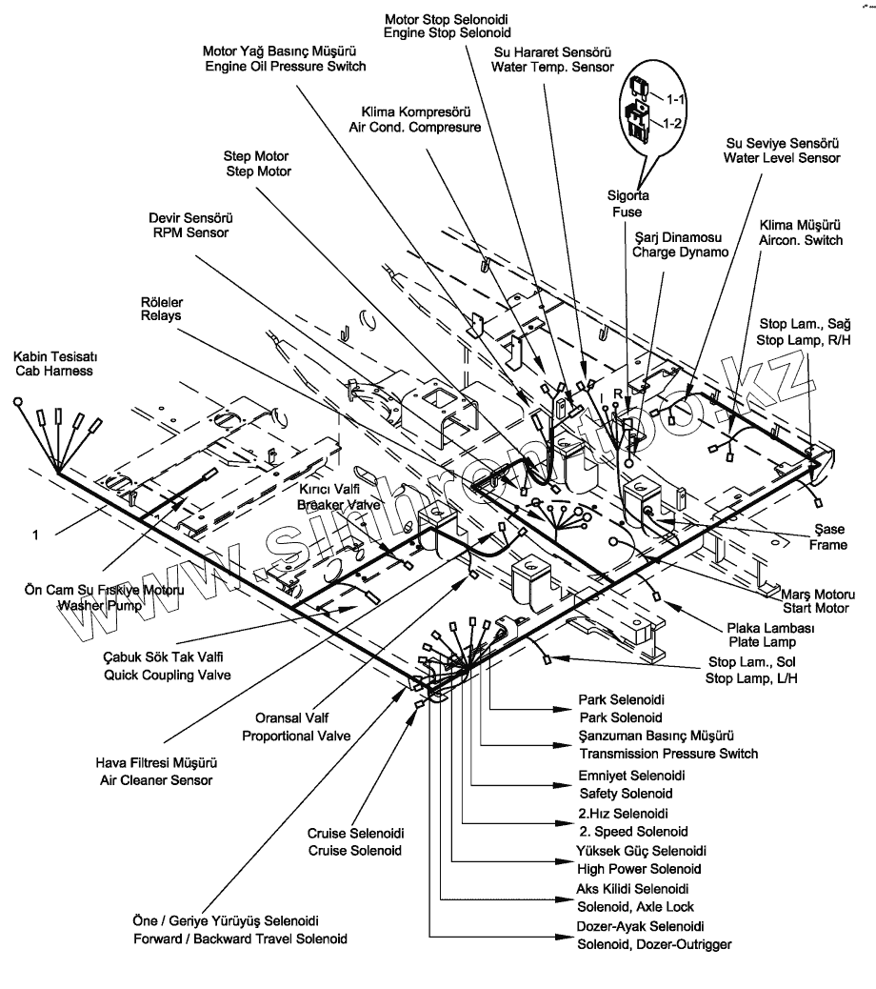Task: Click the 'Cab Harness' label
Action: (52, 371)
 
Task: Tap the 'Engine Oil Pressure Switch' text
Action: (285, 67)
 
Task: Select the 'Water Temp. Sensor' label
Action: (551, 67)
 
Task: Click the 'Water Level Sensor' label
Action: (782, 157)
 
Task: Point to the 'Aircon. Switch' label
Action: (800, 241)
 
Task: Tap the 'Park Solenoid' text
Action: (620, 717)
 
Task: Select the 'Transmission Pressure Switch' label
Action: (667, 754)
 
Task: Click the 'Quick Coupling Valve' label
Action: (169, 675)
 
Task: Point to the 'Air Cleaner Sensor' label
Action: (156, 780)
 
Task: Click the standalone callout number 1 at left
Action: (36, 536)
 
